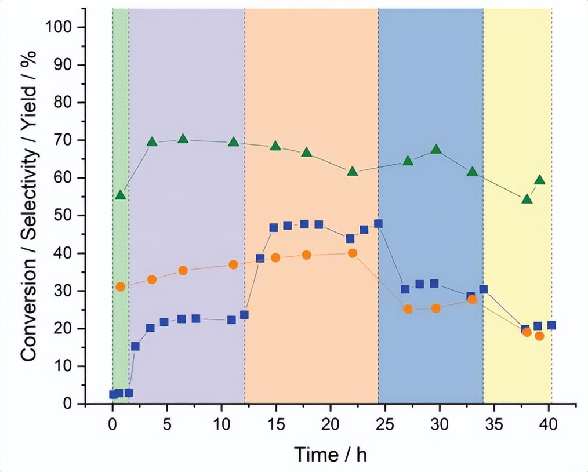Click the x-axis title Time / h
coord(330,454)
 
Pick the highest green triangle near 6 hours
coord(183,139)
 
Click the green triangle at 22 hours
coord(353,171)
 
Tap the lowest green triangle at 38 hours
coord(527,199)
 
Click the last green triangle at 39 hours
coord(540,180)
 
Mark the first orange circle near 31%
coord(121,286)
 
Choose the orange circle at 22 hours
coord(353,253)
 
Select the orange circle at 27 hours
coord(408,309)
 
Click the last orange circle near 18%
coord(540,336)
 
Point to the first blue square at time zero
coord(113,394)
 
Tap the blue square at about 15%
coord(135,346)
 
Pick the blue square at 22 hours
coord(350,238)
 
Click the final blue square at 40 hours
coord(551,325)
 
